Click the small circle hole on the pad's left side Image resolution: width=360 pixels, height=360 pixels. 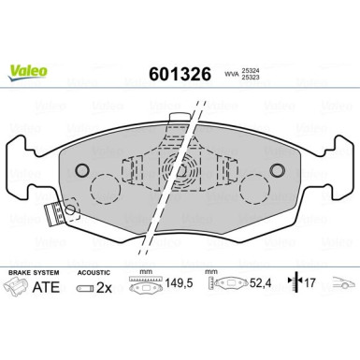(x=81, y=170)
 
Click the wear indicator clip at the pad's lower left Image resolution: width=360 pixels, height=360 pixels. (x=58, y=214)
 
